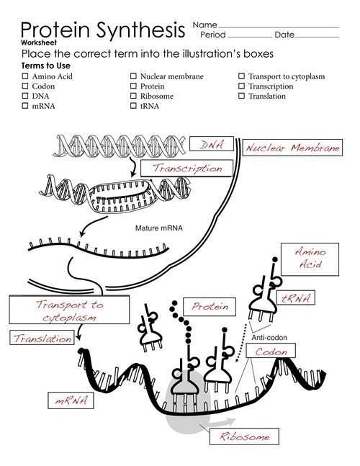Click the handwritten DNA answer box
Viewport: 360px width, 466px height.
click(212, 145)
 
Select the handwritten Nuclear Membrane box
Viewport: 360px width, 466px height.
click(292, 148)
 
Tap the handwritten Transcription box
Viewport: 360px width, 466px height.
click(187, 168)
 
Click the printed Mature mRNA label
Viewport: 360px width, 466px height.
click(159, 228)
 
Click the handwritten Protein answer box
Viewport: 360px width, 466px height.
click(210, 307)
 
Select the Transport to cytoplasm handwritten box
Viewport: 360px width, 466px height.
click(69, 310)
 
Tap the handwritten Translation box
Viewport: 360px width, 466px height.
click(42, 338)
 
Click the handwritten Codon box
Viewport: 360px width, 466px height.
click(270, 352)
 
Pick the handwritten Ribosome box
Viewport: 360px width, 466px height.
click(244, 436)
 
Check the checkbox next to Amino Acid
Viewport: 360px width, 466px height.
click(25, 76)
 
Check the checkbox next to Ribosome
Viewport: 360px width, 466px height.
click(134, 96)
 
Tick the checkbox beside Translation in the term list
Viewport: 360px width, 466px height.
click(242, 96)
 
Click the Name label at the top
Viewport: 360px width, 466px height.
click(205, 25)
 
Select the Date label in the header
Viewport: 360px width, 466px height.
click(284, 35)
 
